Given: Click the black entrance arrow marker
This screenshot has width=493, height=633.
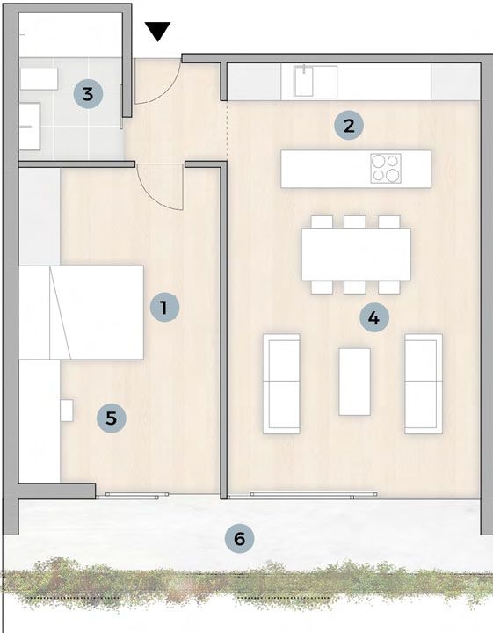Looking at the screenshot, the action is pos(158,31).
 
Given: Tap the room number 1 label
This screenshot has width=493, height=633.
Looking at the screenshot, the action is pos(164,308).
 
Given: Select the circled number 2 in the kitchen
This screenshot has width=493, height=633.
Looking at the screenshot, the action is pos(349,126).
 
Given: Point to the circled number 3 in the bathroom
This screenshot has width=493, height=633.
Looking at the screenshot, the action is pos(88,94).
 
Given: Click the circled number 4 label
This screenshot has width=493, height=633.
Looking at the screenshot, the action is pos(374,317).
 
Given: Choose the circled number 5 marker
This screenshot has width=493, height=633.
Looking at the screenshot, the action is pos(112,418).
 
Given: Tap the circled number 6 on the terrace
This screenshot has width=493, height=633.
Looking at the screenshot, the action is pos(240,539).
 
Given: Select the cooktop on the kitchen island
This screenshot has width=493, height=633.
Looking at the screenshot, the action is pos(386,168).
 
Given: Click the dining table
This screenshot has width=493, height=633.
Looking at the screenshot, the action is pos(356,255).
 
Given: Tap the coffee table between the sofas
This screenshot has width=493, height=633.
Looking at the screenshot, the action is pos(355,382).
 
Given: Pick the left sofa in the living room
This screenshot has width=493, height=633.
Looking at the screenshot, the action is pos(281,383).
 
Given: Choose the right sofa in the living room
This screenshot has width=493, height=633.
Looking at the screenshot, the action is pos(424,383).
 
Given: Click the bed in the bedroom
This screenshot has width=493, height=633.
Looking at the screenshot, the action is pos(82,312).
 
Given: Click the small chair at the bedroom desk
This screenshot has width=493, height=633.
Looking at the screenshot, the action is pos(67,411).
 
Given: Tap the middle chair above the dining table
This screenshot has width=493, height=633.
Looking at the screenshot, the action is pos(355,222).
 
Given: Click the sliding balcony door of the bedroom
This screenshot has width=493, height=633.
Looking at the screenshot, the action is pos(133,495).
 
